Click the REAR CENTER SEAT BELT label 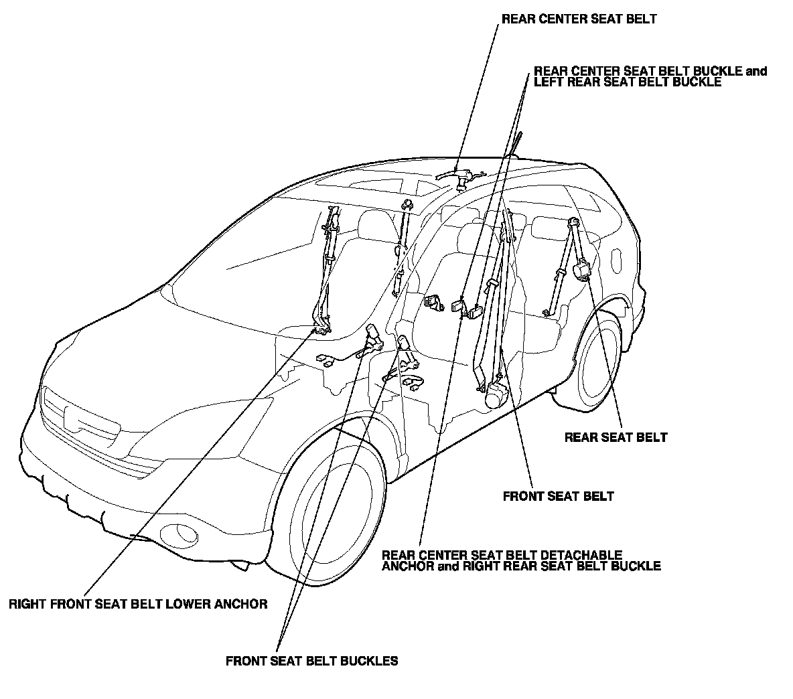579,19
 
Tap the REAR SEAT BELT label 616,437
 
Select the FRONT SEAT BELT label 558,496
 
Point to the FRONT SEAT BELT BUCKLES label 311,661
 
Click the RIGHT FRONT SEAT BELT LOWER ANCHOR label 138,603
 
